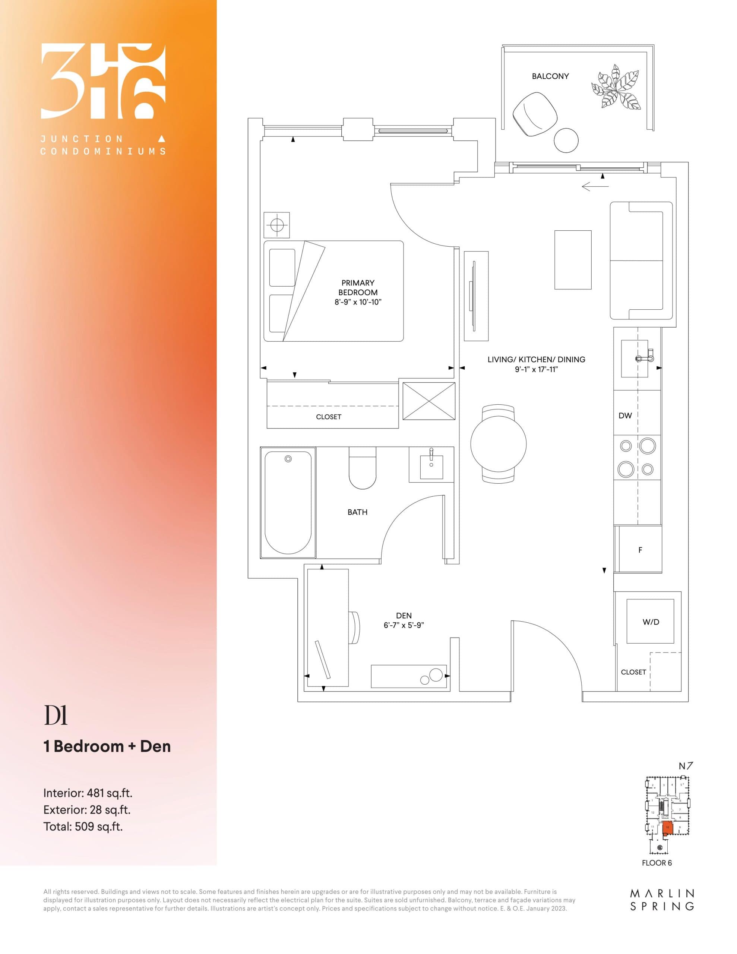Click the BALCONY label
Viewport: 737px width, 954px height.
point(550,76)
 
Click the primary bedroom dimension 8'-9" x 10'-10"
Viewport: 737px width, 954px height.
point(358,302)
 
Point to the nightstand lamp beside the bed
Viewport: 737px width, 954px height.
point(276,225)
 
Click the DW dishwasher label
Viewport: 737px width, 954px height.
point(625,416)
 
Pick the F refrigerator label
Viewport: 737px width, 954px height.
point(640,550)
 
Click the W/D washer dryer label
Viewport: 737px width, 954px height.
point(651,622)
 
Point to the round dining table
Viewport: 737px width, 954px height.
point(498,444)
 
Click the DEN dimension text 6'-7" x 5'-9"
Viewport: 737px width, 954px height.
point(404,625)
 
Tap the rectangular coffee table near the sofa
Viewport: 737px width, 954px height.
point(572,260)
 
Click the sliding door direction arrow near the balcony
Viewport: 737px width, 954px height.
point(595,187)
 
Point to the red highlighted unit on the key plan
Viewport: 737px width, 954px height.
point(667,828)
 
